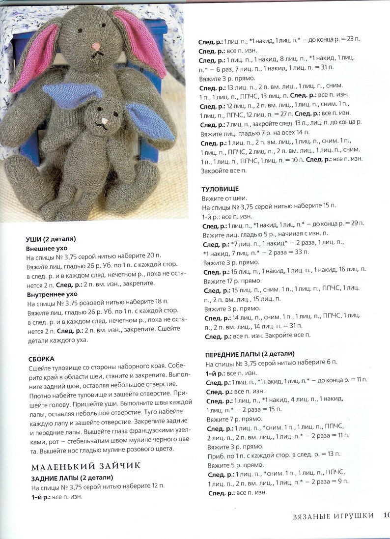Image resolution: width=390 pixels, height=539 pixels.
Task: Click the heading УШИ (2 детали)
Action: click(x=51, y=239)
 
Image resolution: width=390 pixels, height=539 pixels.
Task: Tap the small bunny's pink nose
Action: click(x=105, y=119)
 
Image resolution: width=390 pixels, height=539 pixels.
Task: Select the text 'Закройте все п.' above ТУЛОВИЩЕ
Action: click(x=223, y=170)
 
